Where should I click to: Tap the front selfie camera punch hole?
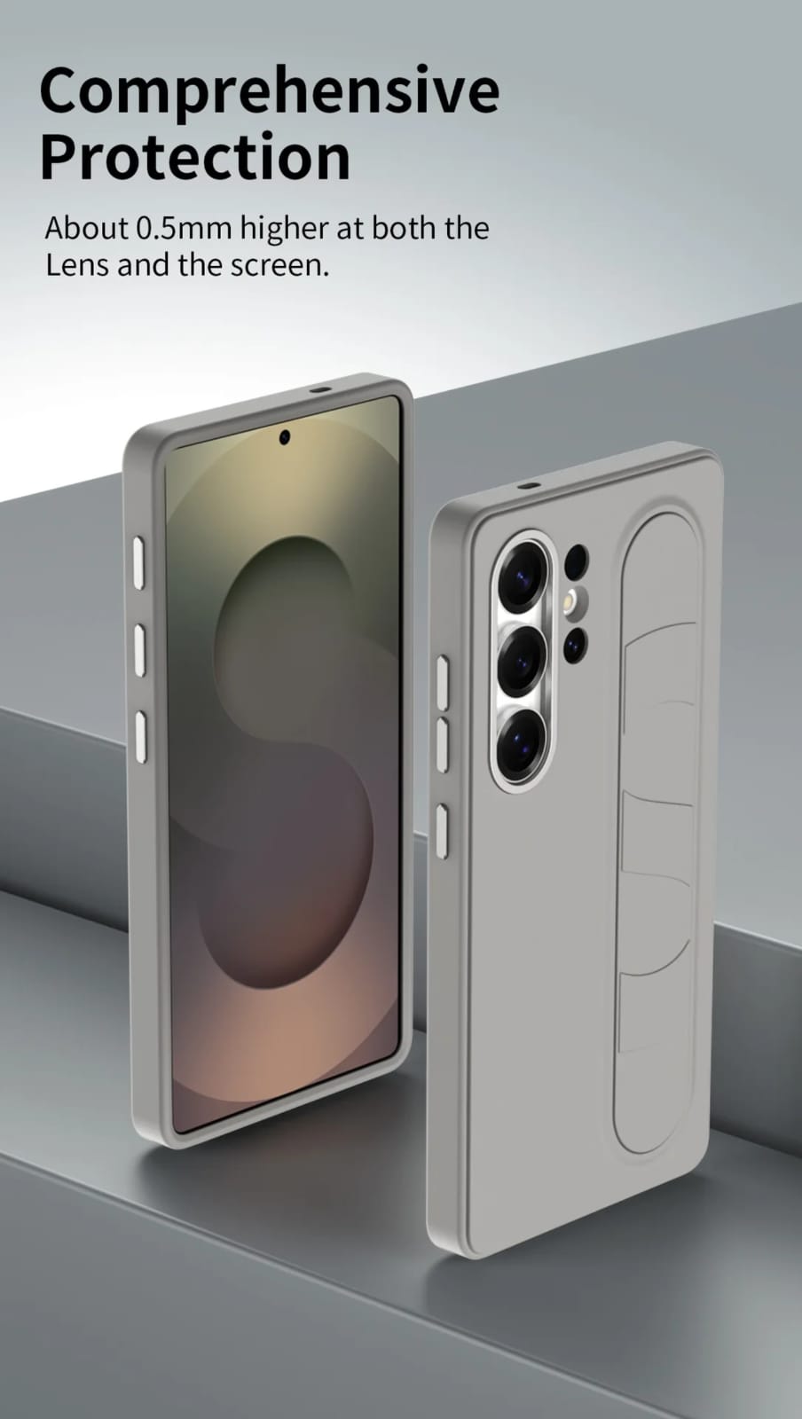click(285, 436)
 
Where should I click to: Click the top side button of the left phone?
click(138, 563)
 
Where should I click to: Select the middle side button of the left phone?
click(139, 649)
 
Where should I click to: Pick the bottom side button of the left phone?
click(141, 735)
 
